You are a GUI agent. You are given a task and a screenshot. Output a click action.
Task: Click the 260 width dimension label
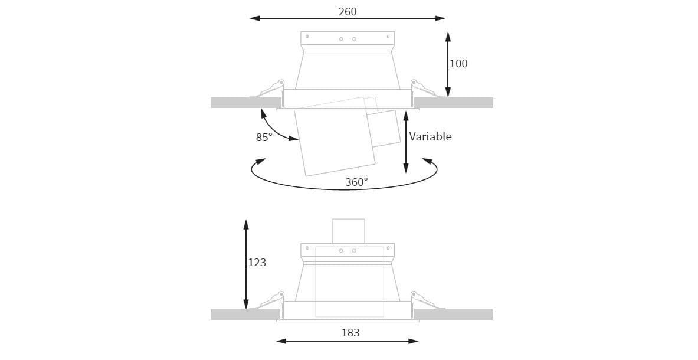tap(348, 11)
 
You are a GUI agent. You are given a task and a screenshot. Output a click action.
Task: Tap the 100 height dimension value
tap(458, 64)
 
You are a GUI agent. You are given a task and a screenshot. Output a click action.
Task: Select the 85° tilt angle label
tap(264, 137)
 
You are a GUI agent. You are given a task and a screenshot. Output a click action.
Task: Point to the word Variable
tap(430, 136)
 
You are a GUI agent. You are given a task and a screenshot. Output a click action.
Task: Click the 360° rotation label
tap(356, 182)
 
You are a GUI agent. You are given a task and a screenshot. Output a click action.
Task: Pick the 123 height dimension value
tap(257, 262)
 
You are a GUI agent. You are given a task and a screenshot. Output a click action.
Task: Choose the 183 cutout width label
tap(350, 332)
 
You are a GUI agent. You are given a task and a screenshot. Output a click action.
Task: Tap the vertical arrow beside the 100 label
tap(448, 65)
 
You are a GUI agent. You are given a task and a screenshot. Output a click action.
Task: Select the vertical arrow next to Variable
tap(406, 141)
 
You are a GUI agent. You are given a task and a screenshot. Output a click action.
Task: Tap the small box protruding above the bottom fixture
tap(348, 231)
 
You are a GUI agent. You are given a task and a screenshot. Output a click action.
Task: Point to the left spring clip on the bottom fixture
tap(269, 301)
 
